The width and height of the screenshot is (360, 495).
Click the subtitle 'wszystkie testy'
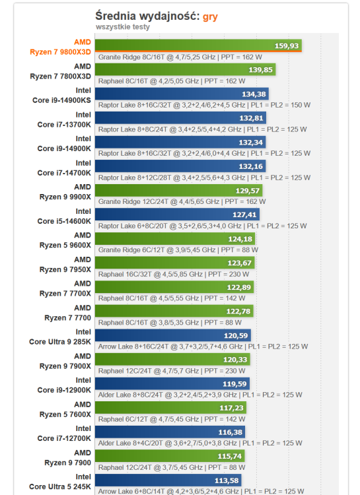[122, 27]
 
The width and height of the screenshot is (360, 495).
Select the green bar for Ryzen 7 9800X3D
[198, 46]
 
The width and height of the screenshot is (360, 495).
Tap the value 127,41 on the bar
[244, 214]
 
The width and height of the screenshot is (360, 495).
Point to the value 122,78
[238, 311]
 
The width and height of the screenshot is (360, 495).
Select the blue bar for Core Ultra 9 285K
[172, 335]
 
